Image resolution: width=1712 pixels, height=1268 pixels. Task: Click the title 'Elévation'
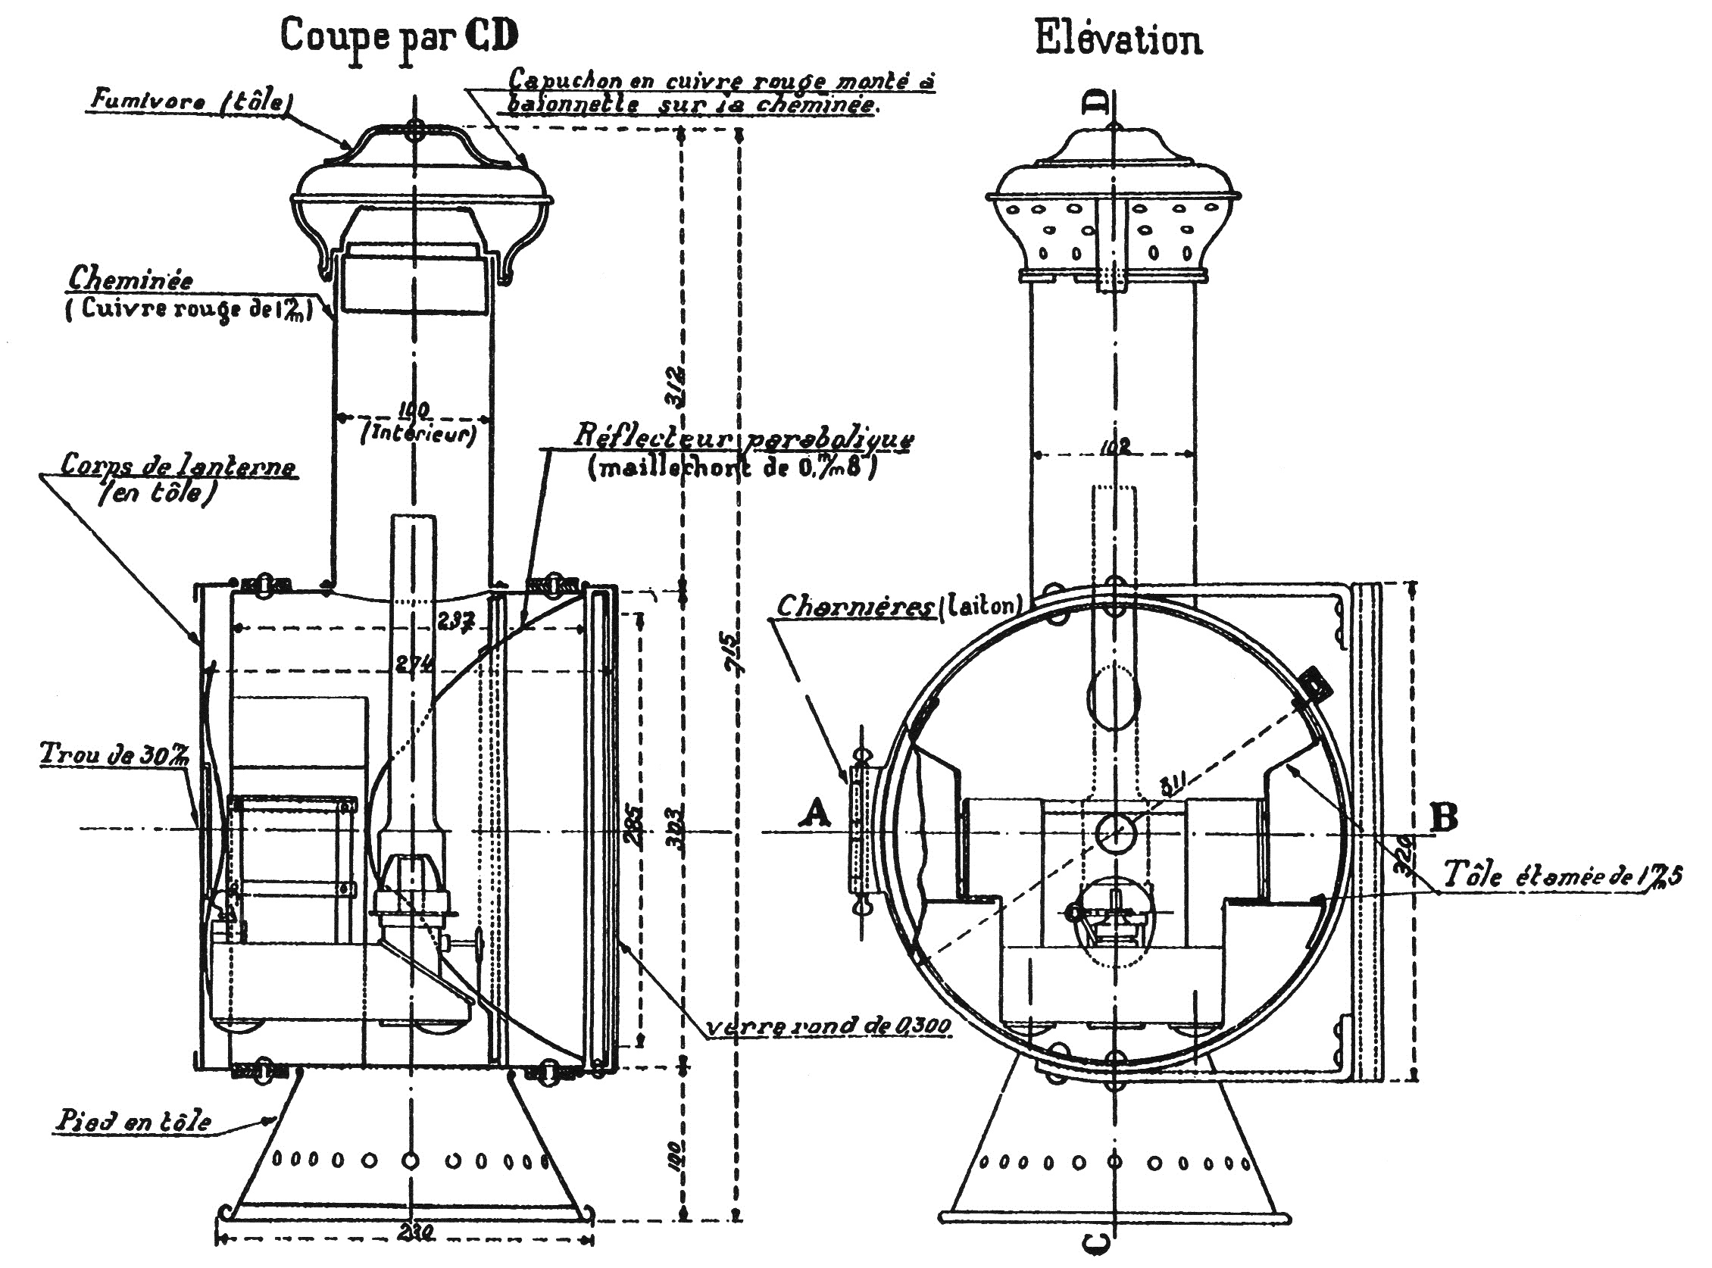click(1118, 40)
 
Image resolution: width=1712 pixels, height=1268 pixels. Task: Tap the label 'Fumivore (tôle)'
click(189, 101)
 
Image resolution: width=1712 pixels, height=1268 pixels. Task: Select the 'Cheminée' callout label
click(130, 280)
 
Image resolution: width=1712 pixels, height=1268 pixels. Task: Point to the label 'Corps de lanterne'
click(178, 466)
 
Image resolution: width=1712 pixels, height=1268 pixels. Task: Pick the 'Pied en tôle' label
click(133, 1121)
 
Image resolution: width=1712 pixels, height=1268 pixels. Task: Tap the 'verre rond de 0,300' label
click(828, 1026)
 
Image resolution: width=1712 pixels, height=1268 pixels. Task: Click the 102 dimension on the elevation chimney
click(1114, 448)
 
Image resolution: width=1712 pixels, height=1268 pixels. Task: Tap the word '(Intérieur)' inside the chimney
click(418, 435)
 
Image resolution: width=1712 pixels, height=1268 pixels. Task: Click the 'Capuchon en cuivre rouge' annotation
click(722, 92)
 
